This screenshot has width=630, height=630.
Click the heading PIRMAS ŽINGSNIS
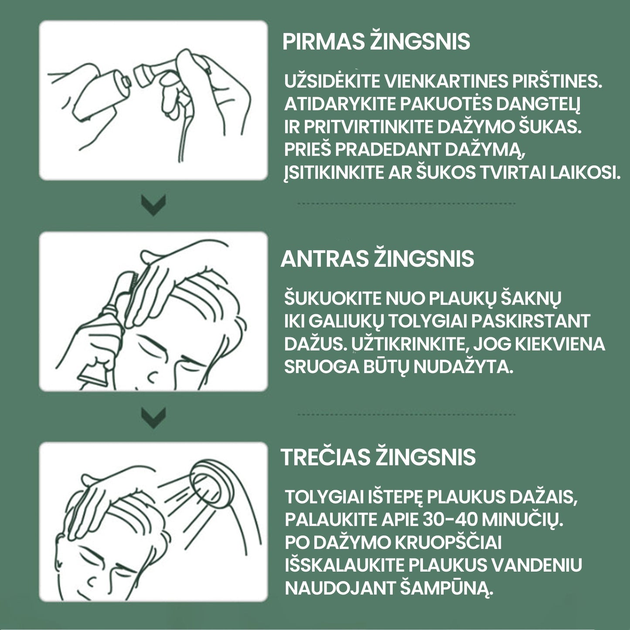376,42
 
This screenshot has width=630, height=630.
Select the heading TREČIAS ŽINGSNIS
378,457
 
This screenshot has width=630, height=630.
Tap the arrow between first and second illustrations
153,205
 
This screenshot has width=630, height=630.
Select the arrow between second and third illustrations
153,417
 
